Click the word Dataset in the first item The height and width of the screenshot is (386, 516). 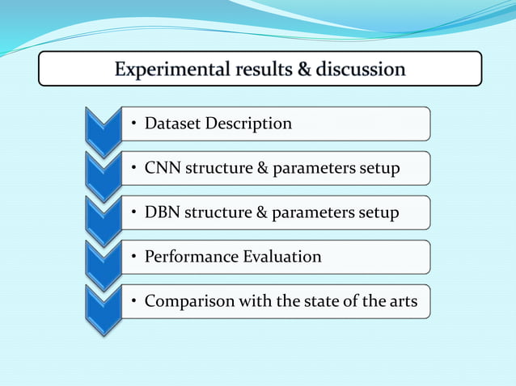click(172, 124)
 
